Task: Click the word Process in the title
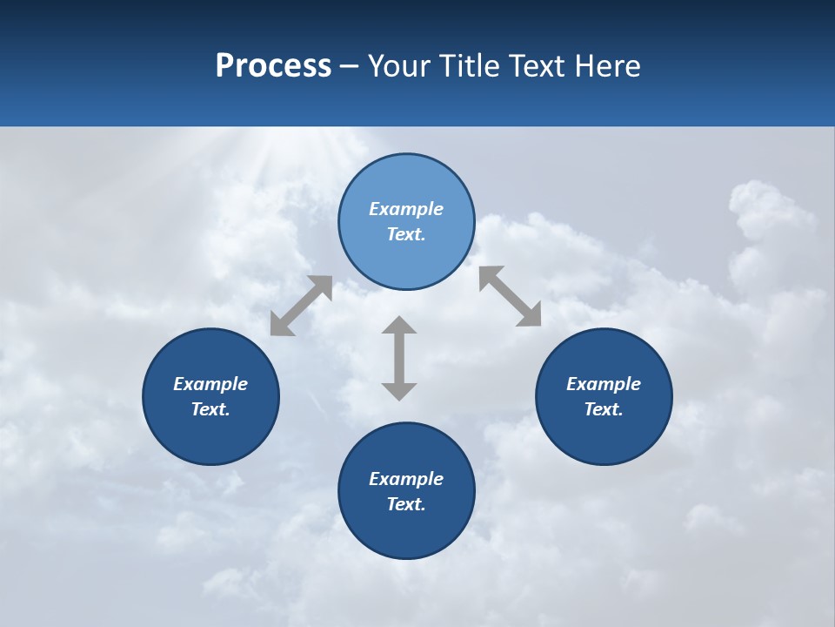[273, 65]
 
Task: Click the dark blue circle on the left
[210, 435]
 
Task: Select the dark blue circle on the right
[604, 435]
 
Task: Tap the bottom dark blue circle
[406, 531]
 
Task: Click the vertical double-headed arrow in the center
[399, 358]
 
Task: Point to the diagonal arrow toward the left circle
[301, 306]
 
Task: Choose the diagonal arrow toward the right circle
[510, 296]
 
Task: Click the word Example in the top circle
[406, 209]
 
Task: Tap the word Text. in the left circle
[210, 409]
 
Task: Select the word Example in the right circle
[604, 384]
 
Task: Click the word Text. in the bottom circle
[406, 504]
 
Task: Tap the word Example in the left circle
[210, 384]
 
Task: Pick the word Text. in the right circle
[604, 409]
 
